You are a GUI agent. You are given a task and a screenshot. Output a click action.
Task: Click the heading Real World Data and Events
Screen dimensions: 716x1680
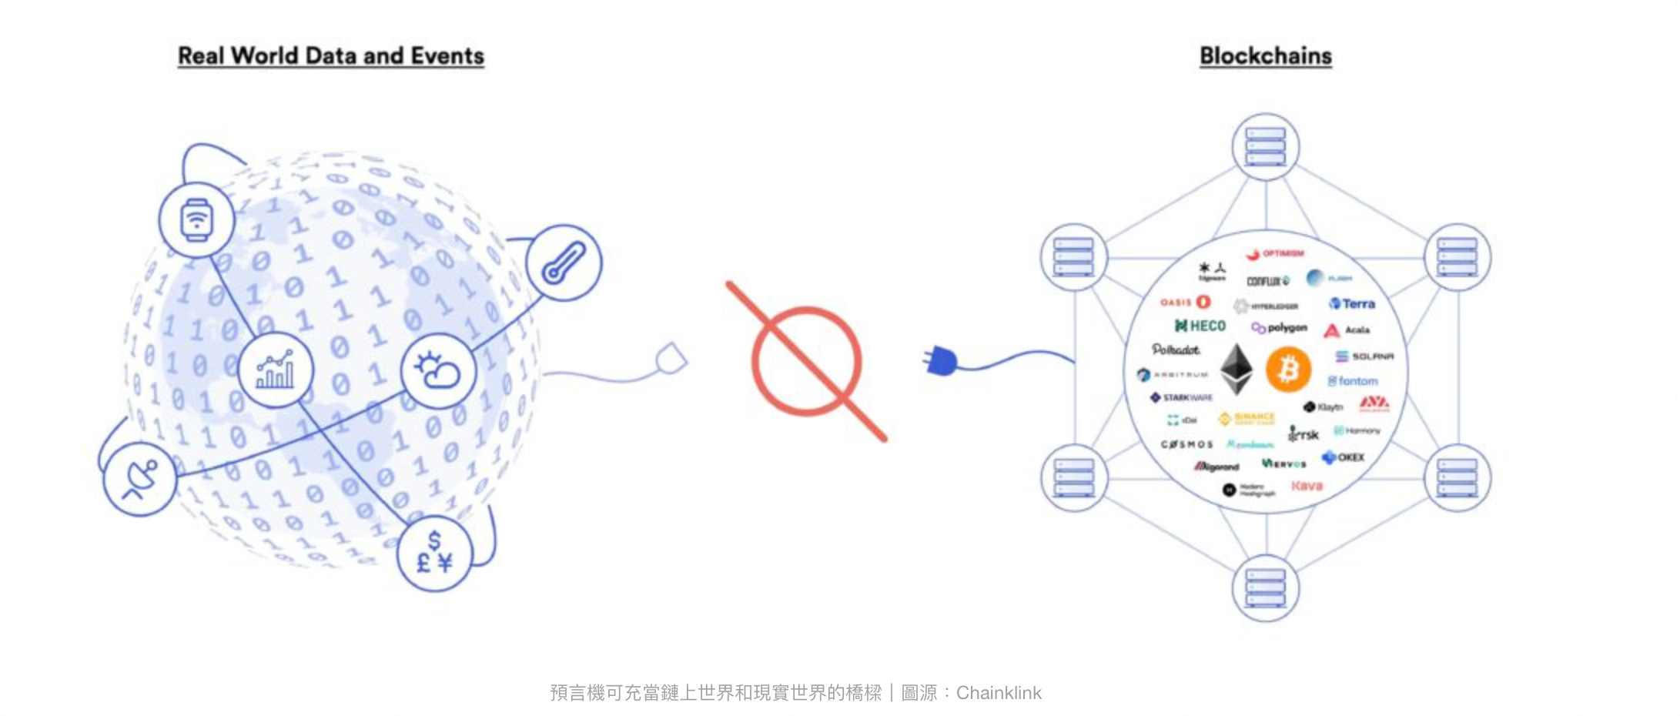pos(331,56)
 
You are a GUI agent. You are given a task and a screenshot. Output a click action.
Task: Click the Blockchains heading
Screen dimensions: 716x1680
pos(1265,56)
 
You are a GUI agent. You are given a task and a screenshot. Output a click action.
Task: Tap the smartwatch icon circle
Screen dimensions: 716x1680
pos(196,219)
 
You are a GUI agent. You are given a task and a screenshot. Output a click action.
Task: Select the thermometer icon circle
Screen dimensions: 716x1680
pos(564,263)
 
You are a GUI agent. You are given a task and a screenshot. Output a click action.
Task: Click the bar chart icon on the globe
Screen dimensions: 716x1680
pos(275,370)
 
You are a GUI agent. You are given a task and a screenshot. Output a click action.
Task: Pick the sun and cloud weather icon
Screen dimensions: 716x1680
pos(437,371)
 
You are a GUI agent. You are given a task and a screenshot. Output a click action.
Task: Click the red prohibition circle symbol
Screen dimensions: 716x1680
pos(806,362)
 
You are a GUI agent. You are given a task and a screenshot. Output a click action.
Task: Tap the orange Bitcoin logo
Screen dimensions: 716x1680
pos(1288,370)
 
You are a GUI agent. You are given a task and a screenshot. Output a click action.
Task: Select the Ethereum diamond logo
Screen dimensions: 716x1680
pos(1237,370)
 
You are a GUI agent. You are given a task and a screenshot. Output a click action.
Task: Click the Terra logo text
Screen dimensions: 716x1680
pos(1353,303)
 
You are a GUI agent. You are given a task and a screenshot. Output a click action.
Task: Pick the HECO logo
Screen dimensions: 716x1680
pos(1200,326)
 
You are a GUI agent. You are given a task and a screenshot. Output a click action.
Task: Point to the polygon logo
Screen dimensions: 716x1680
pos(1280,328)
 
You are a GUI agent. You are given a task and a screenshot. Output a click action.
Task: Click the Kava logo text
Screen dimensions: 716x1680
pos(1307,486)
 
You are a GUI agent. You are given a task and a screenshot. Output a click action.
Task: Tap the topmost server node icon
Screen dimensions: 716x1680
pos(1265,146)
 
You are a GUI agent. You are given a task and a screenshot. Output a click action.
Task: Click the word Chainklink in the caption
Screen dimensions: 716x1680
pos(999,693)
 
